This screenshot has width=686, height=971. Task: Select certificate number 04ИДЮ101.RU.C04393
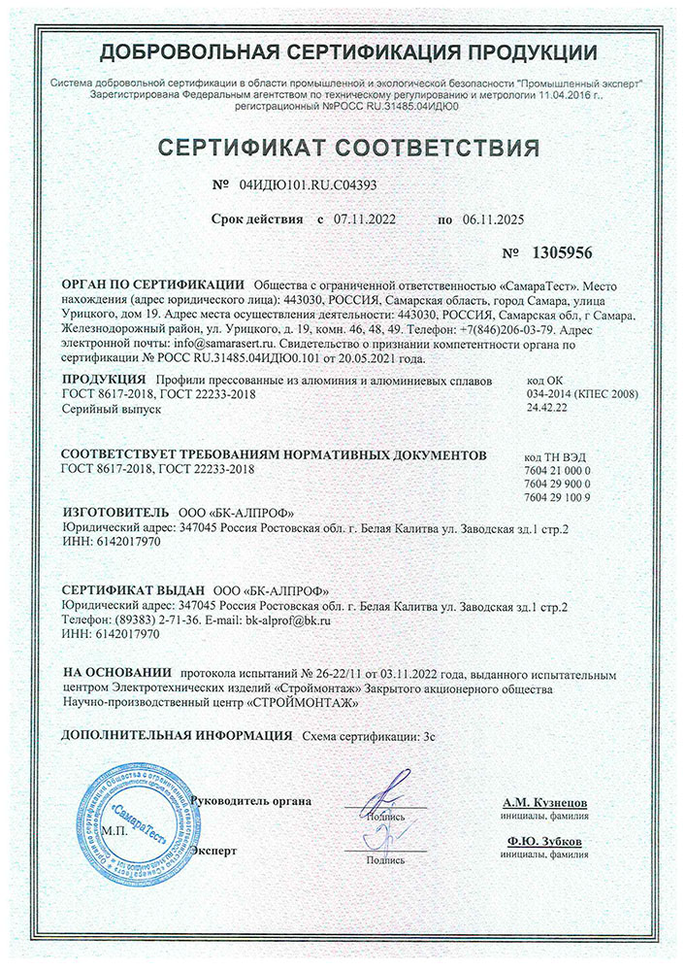tap(306, 183)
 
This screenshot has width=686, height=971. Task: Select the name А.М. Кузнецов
tap(544, 804)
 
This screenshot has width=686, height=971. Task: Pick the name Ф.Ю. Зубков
tap(544, 841)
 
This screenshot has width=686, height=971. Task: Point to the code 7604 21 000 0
tap(556, 470)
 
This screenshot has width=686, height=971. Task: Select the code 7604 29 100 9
tap(556, 496)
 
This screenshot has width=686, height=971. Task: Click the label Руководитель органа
tap(252, 801)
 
